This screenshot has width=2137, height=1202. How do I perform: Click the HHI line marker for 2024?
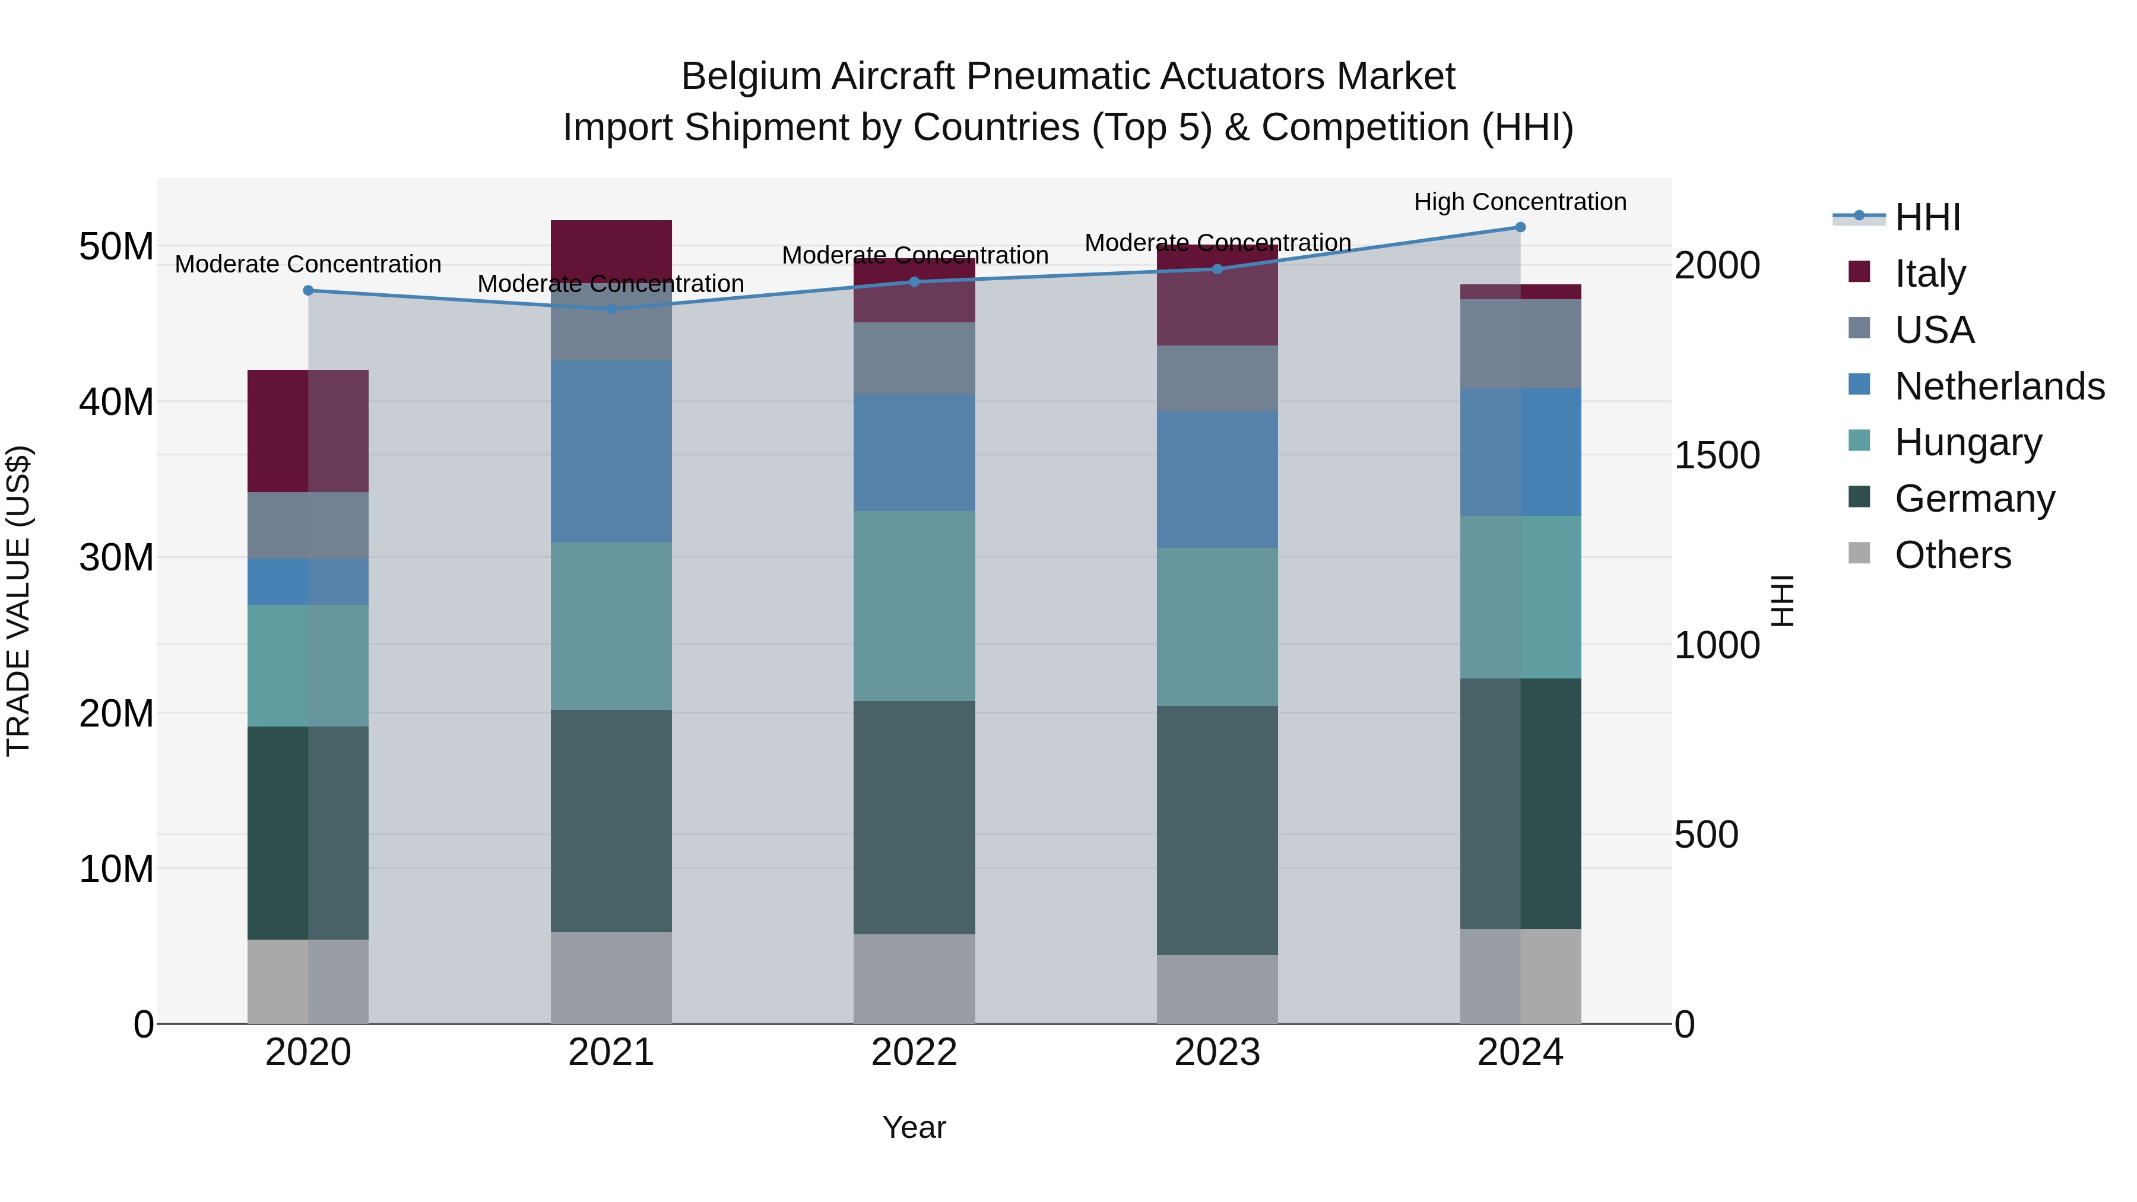click(1520, 227)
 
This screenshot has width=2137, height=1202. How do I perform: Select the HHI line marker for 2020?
click(307, 290)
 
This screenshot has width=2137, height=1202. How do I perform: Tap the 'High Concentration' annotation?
click(1520, 202)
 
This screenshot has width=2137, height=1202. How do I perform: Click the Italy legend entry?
click(1930, 274)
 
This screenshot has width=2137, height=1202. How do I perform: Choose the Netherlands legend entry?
click(1999, 386)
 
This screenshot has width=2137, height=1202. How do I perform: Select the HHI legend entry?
click(1927, 217)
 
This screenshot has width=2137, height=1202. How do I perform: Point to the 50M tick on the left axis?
click(116, 246)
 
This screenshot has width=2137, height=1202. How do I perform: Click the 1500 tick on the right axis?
click(1716, 455)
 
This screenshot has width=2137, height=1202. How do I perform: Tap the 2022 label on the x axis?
click(914, 1052)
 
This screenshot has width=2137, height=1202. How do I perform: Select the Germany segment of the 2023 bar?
click(1217, 830)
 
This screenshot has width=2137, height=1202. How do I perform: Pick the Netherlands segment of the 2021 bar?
click(611, 451)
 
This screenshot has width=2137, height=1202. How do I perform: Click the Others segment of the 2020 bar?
click(307, 981)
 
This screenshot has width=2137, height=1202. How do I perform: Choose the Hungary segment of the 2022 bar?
click(914, 605)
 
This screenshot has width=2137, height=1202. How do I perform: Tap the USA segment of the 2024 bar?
click(1520, 344)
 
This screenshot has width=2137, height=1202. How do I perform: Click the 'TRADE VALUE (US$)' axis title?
click(18, 601)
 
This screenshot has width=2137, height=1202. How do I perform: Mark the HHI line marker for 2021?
click(611, 309)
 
